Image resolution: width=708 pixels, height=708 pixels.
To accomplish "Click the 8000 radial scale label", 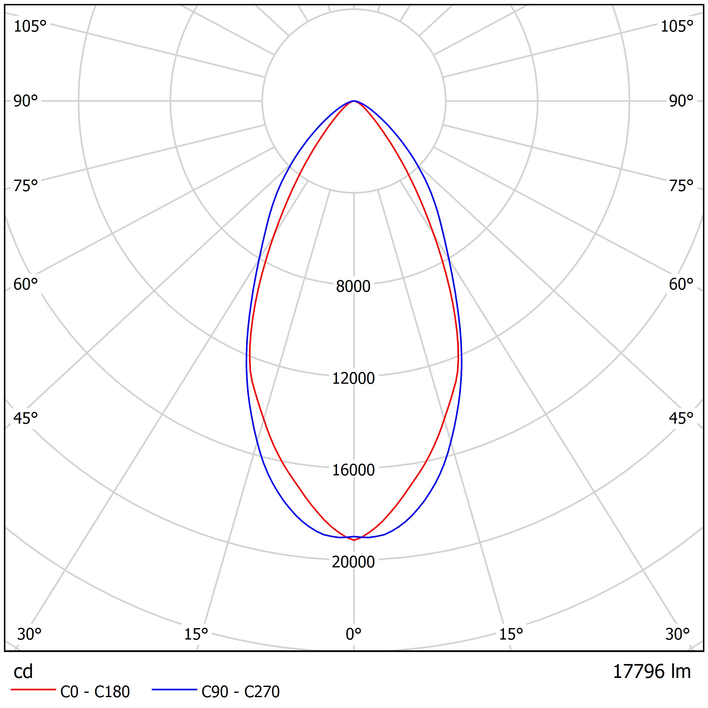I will tap(353, 286).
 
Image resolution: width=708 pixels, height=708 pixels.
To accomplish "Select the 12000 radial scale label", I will tap(353, 378).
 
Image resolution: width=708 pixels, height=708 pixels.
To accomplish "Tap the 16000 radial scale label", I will tap(353, 470).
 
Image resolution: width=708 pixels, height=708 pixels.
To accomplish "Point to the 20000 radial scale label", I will tap(353, 562).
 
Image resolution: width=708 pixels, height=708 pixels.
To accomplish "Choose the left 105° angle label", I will tap(30, 26).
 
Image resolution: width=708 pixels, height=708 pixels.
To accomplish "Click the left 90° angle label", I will tap(26, 101).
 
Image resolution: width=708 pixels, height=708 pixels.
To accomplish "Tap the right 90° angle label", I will tap(681, 101).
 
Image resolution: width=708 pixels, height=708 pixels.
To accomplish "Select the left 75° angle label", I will tap(26, 186).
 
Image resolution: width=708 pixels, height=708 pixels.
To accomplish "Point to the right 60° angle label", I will tap(681, 284).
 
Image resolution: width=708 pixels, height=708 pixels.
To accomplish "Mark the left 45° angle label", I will tap(26, 418).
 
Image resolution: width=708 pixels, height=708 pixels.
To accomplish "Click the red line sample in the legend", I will tap(33, 690).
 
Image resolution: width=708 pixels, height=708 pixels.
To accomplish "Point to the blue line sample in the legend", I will tap(174, 690).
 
